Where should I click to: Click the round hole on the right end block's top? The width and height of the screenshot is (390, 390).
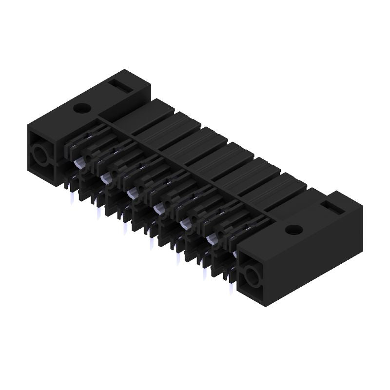(x=293, y=229)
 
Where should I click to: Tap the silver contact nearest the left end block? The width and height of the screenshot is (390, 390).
(x=78, y=164)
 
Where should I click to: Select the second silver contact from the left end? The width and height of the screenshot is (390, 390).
(x=104, y=179)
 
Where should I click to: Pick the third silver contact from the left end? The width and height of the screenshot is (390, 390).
(x=131, y=195)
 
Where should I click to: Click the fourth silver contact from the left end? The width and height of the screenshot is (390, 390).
(x=157, y=210)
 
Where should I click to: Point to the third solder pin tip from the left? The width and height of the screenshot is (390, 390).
(x=125, y=228)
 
